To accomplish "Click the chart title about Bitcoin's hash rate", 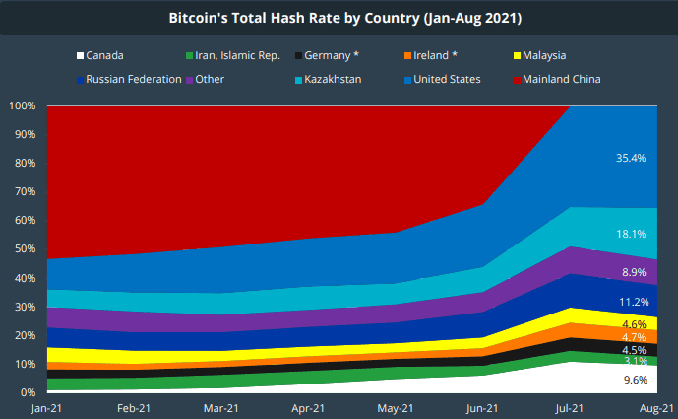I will tap(339, 17).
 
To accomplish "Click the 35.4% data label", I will tap(630, 157).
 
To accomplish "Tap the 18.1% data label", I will tap(630, 234).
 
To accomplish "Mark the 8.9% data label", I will tap(633, 271).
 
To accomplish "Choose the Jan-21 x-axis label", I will tap(46, 406).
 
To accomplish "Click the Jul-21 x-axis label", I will tap(571, 406).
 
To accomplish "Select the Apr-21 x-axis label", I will tap(309, 406).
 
